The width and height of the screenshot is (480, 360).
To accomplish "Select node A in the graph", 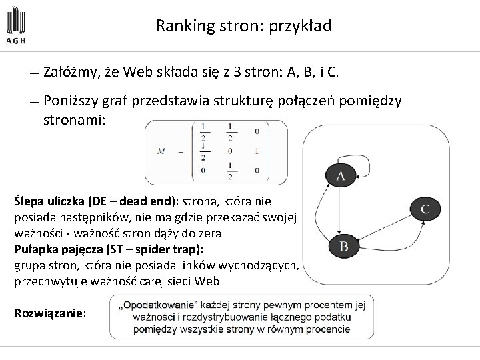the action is [x=340, y=175].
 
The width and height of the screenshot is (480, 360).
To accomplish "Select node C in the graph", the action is [x=424, y=209].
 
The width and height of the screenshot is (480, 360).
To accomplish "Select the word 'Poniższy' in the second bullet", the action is [x=69, y=101].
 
